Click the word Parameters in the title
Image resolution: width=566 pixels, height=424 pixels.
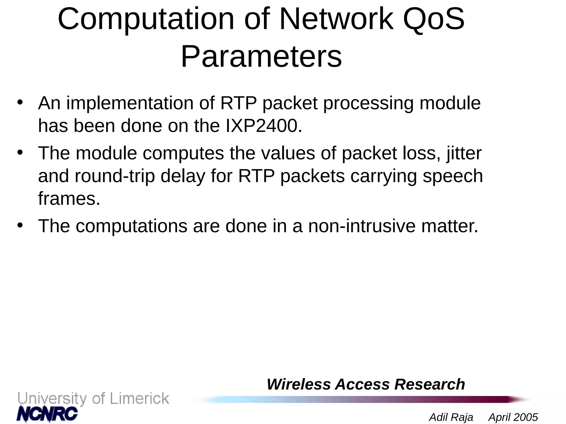pos(261,57)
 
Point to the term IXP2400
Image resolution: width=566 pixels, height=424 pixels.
pos(264,126)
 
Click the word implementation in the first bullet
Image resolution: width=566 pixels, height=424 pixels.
pos(130,104)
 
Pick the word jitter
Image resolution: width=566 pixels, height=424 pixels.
pos(464,153)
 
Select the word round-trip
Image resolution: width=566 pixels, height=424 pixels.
pos(115,176)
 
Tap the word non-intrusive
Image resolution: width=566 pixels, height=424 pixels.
pos(361,226)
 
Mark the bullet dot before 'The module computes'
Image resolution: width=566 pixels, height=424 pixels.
pos(20,152)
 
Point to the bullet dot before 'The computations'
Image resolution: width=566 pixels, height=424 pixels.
pos(20,225)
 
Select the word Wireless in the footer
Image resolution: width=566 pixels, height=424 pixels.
pos(298,384)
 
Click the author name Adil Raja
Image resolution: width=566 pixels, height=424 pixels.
pos(451,417)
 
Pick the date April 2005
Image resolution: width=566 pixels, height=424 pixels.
pos(513,417)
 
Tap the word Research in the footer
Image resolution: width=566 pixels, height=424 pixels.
pos(429,384)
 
